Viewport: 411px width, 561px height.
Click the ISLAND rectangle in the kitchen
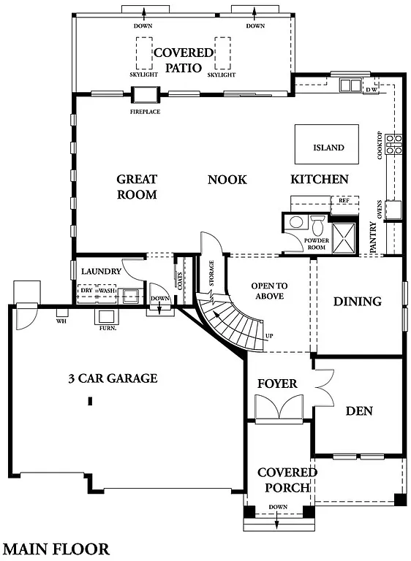click(x=326, y=145)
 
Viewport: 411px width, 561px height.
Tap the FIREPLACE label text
click(x=145, y=112)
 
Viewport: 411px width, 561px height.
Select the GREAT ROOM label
click(x=137, y=187)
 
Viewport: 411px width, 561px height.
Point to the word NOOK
click(x=227, y=180)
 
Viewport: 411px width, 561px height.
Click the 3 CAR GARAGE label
click(x=113, y=378)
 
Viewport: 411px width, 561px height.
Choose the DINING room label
click(x=358, y=301)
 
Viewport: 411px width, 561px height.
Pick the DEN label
click(x=358, y=411)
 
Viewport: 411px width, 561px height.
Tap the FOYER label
click(x=277, y=383)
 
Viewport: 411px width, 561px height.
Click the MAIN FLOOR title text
click(x=56, y=549)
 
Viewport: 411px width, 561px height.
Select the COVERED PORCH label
click(x=287, y=480)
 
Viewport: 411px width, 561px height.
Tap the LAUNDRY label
click(x=101, y=271)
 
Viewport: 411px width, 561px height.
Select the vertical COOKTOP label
click(x=380, y=146)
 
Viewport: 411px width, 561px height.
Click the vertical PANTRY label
click(x=373, y=237)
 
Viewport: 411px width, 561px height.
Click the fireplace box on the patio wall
click(x=144, y=95)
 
